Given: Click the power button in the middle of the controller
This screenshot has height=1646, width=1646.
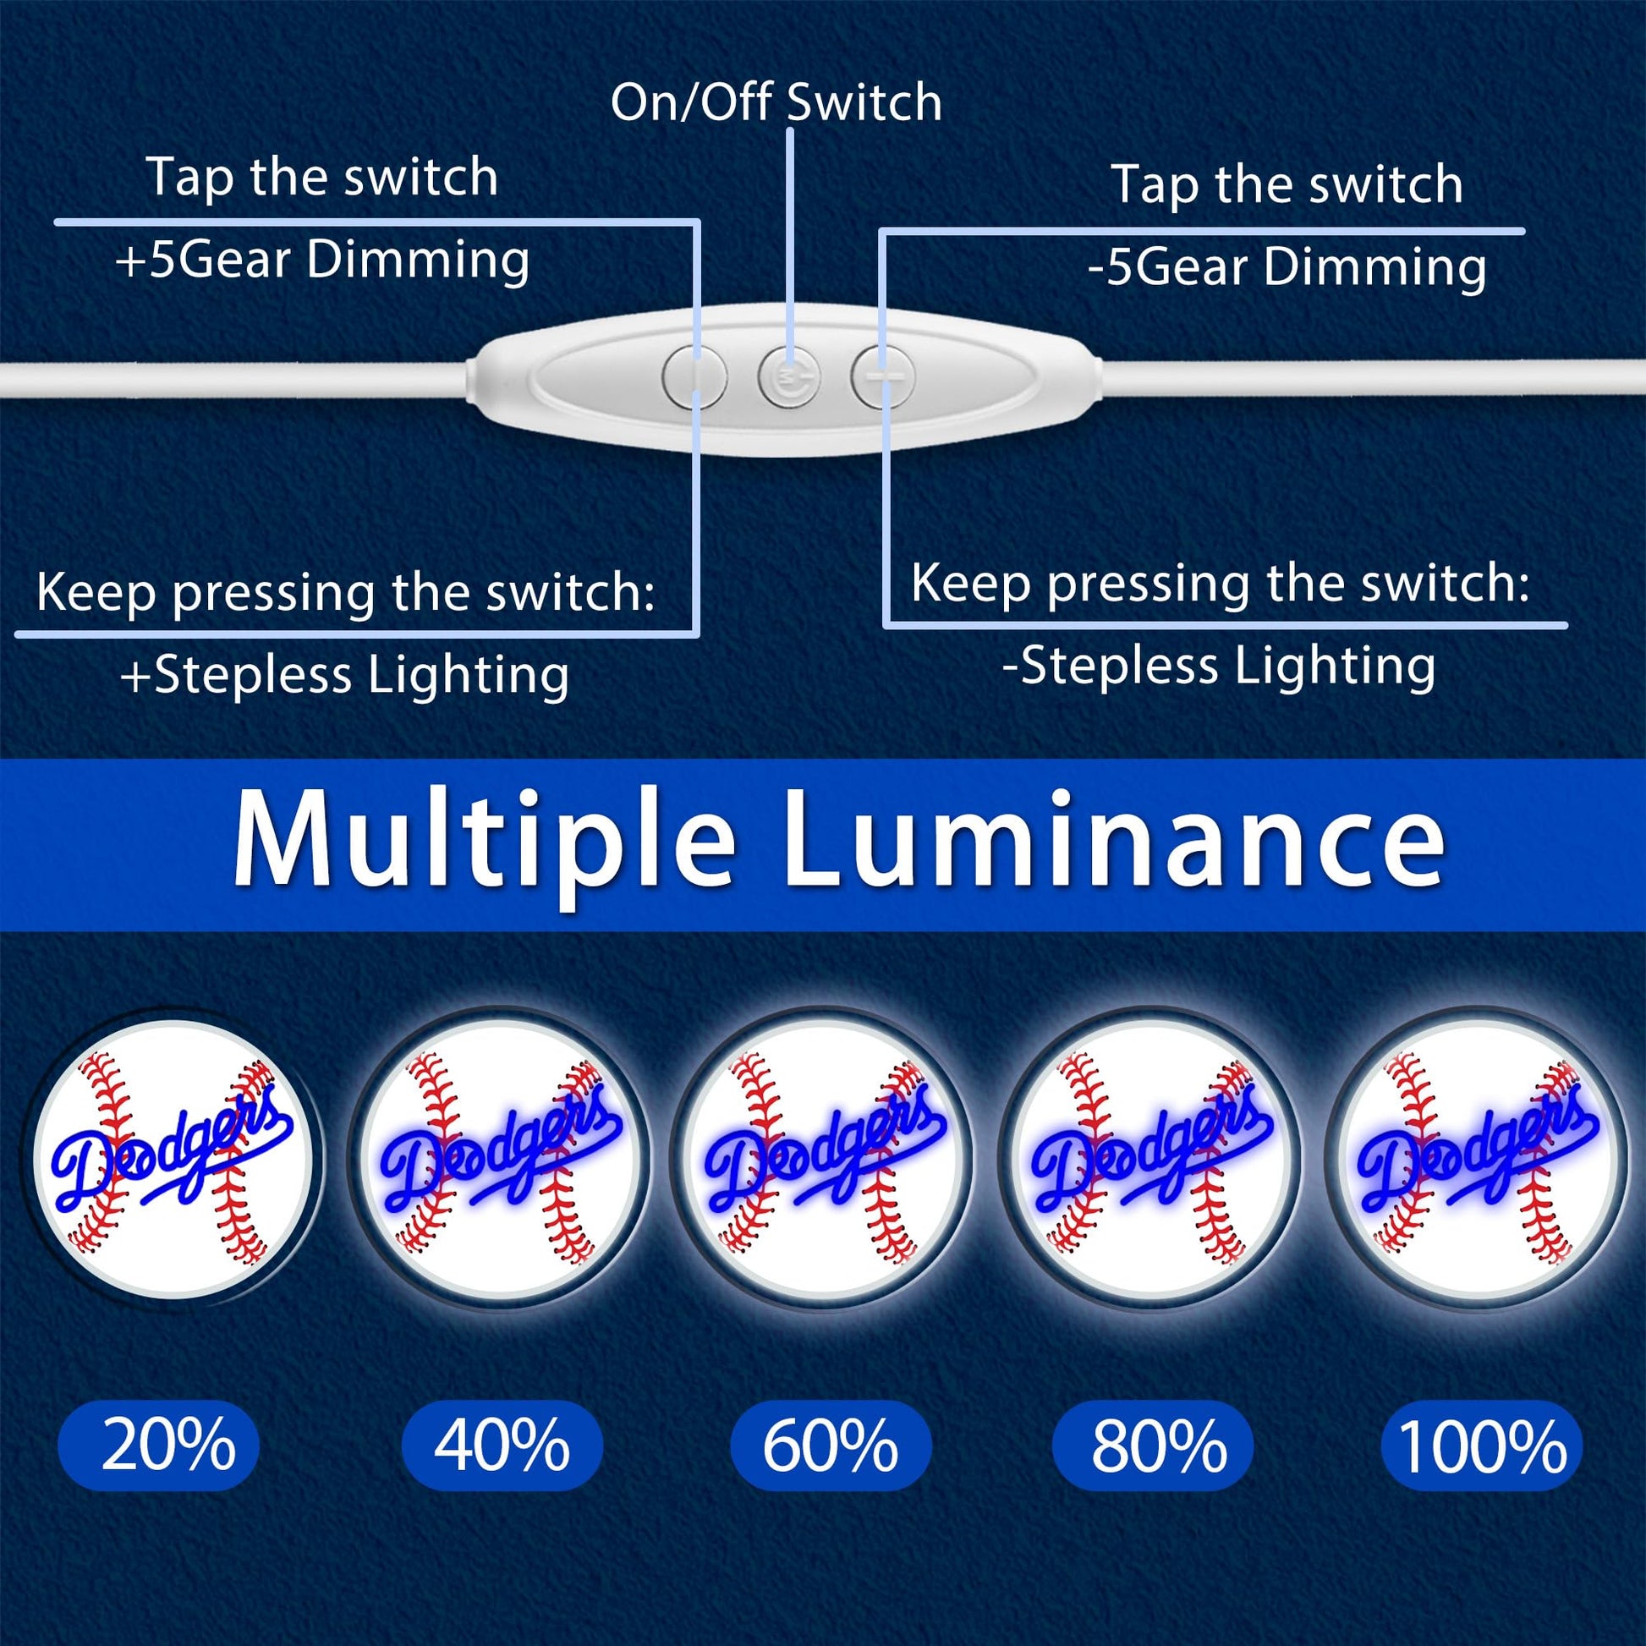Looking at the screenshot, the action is pos(790,375).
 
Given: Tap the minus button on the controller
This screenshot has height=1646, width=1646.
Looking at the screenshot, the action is pos(884,375).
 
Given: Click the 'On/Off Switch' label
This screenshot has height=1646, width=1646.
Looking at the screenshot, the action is pos(776,102).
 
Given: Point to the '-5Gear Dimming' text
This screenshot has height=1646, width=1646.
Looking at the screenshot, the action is pos(1287,266).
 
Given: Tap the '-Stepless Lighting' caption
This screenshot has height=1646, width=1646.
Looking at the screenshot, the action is pos(1219,666).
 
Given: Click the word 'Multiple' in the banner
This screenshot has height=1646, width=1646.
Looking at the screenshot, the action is pos(484,841).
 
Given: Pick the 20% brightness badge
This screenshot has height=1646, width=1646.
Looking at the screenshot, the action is pos(158,1446).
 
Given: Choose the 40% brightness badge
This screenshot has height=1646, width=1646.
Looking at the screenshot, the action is pos(502,1446).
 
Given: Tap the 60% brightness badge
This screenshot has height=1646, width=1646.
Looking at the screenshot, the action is pos(831,1446).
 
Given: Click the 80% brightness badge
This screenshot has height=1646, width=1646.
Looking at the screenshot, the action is pos(1153,1446).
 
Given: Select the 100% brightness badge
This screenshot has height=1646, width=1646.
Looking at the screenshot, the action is pos(1482,1446).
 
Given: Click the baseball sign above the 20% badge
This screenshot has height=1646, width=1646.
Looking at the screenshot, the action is pos(173,1160).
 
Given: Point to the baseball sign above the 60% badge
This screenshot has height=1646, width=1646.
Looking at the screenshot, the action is pos(827,1160).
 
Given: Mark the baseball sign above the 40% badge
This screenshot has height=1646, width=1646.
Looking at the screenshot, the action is pos(498,1160).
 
